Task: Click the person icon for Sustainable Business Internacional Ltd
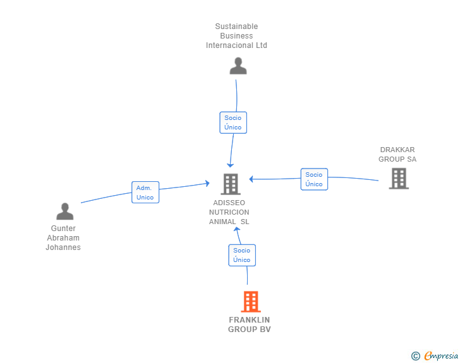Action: pyautogui.click(x=238, y=66)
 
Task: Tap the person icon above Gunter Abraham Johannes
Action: pyautogui.click(x=65, y=211)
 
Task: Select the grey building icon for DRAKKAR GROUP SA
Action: pyautogui.click(x=398, y=179)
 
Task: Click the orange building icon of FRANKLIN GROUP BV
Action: pyautogui.click(x=251, y=302)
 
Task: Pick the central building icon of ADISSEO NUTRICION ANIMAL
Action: pyautogui.click(x=230, y=184)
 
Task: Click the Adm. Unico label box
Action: pyautogui.click(x=145, y=193)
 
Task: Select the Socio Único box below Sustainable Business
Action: pyautogui.click(x=233, y=122)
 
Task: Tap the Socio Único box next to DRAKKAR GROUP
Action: pyautogui.click(x=314, y=179)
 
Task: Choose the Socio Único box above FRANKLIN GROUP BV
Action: pyautogui.click(x=241, y=255)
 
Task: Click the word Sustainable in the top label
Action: pyautogui.click(x=236, y=27)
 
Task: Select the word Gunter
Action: pyautogui.click(x=63, y=229)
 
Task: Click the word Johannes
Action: pyautogui.click(x=63, y=247)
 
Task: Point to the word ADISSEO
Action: pyautogui.click(x=229, y=203)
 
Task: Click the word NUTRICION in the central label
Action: pyautogui.click(x=229, y=213)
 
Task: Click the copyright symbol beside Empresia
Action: pyautogui.click(x=415, y=356)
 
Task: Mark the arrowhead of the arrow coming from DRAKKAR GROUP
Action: pyautogui.click(x=251, y=179)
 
